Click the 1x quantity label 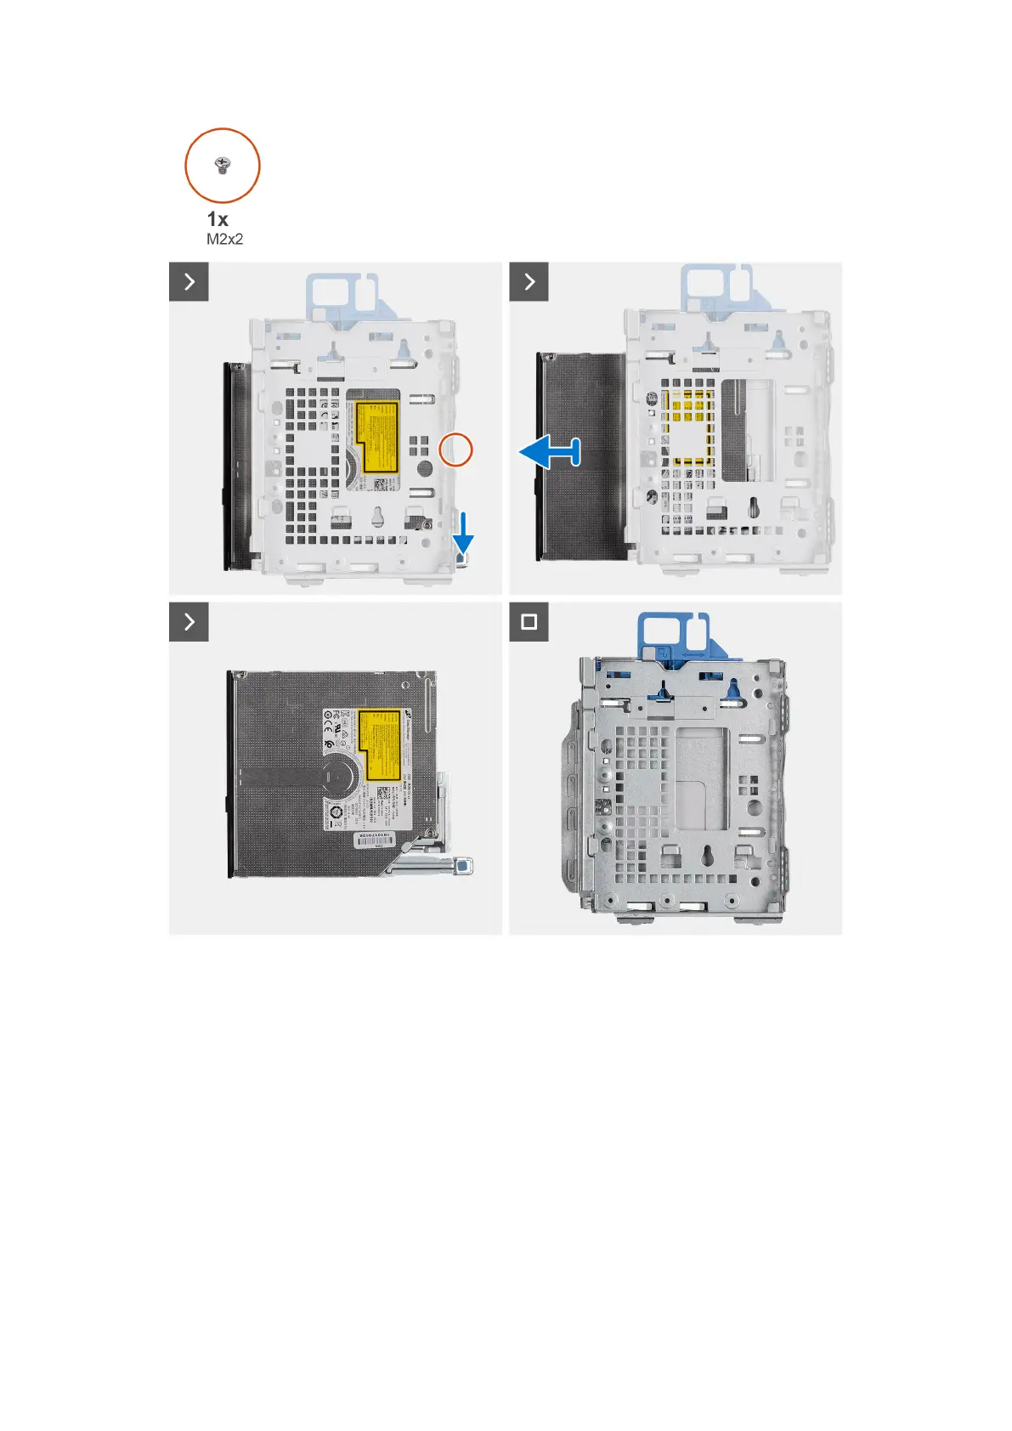point(218,219)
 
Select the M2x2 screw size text point(224,240)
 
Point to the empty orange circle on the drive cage point(455,450)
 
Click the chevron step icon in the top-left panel point(189,281)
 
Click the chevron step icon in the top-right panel point(529,281)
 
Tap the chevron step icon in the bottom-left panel point(189,621)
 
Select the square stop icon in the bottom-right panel point(529,621)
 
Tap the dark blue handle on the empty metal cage point(670,634)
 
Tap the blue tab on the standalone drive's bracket point(464,868)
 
